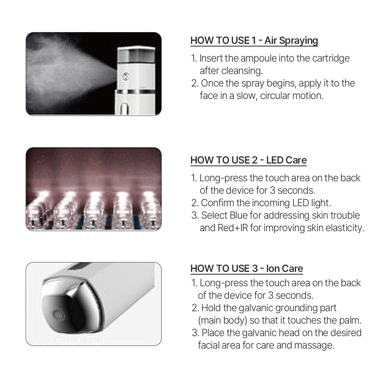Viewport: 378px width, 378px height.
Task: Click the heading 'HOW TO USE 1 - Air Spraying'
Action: tap(254, 40)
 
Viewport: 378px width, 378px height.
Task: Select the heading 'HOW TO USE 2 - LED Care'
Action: tap(248, 160)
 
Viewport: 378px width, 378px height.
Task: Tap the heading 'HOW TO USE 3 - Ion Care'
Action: tap(247, 268)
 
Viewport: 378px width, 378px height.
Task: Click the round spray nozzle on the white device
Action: tap(126, 77)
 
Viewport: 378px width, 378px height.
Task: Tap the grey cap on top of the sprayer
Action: tap(136, 56)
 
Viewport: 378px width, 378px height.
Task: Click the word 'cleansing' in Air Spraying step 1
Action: tap(242, 71)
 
